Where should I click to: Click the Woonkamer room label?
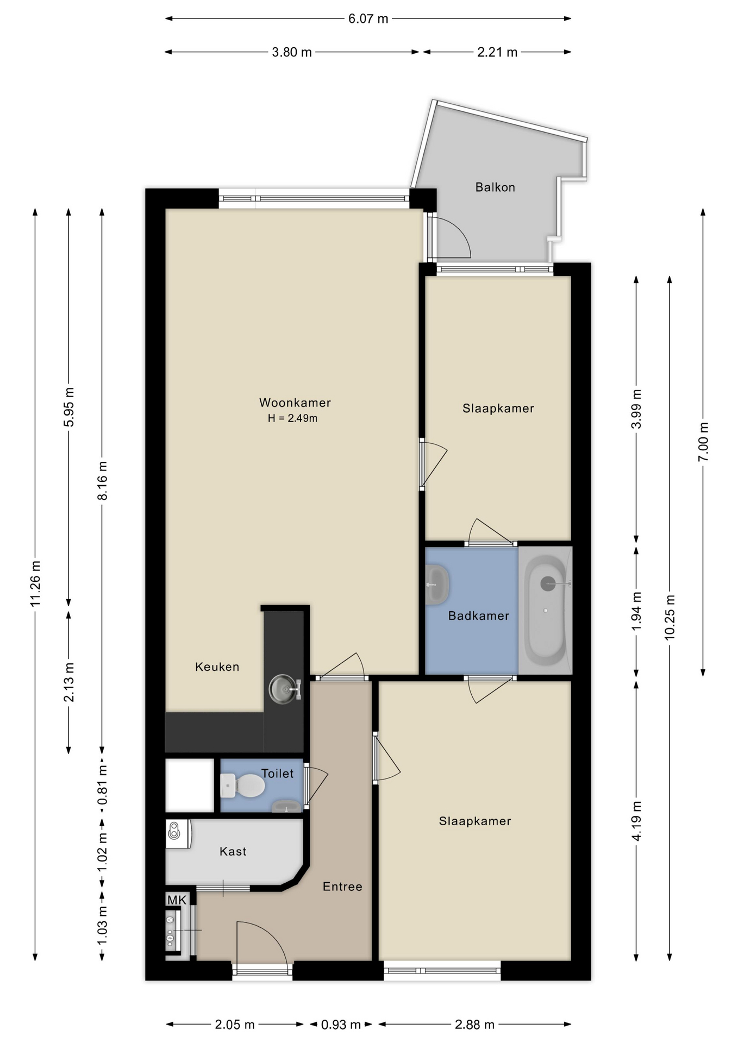pos(295,403)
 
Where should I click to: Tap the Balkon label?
pos(495,187)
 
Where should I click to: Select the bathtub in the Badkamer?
pos(545,610)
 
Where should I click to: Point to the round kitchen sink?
pos(283,689)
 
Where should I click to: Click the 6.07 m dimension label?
pos(368,19)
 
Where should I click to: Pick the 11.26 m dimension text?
pos(36,583)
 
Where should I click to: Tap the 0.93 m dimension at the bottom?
pos(341,1025)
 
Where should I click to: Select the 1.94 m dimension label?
pos(636,611)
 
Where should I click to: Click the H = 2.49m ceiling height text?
pos(292,418)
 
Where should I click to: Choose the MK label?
pos(177,900)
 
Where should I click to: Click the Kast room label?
pos(233,851)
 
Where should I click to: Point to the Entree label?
pos(342,887)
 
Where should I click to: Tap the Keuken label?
pos(217,667)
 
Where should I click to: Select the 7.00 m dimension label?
pos(703,442)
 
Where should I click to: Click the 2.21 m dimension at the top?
pos(497,52)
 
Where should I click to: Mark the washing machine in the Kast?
pos(178,834)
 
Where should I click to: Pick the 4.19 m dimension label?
pos(636,821)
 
